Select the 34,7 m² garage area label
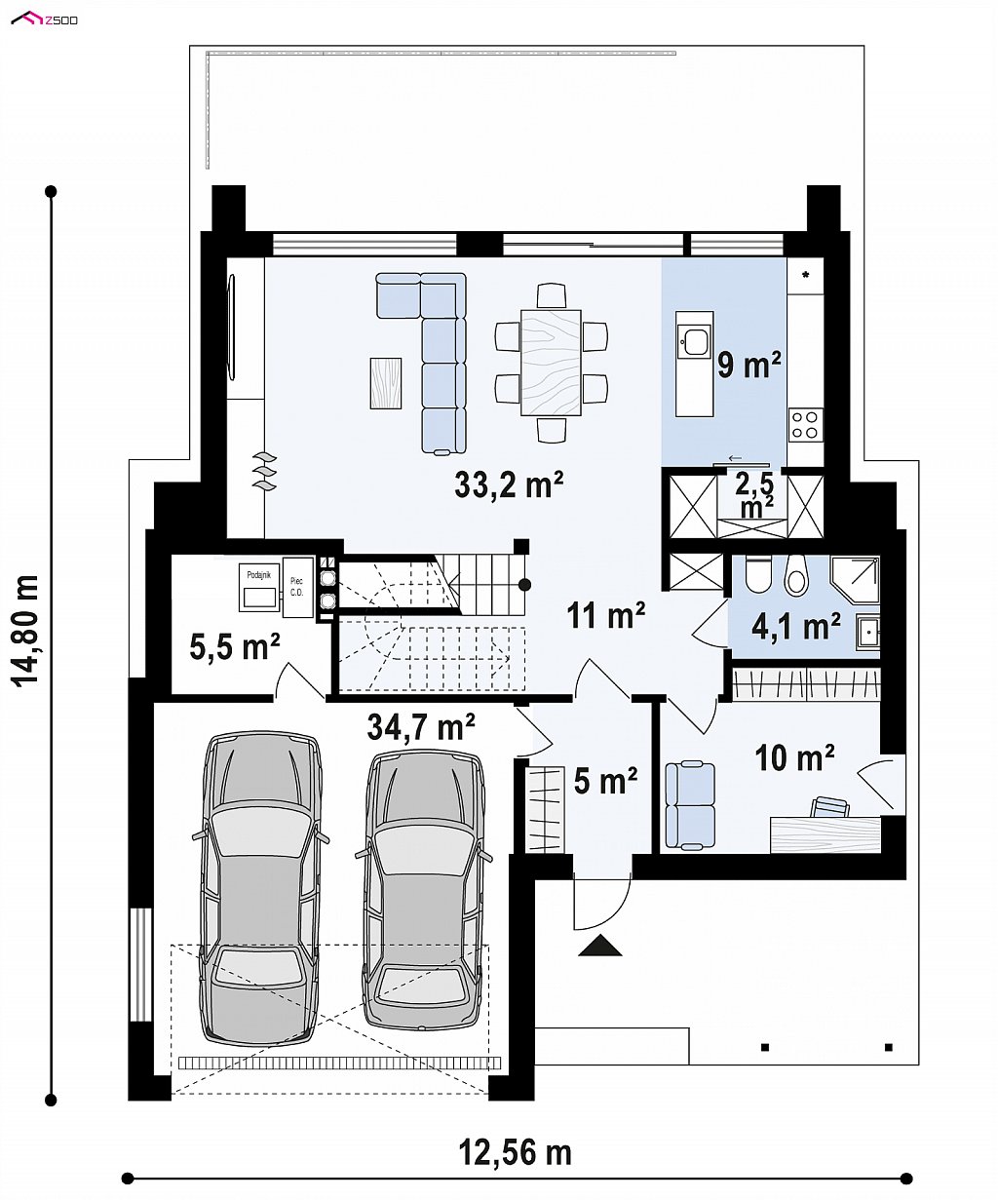[x=421, y=727]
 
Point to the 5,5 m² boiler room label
[x=235, y=648]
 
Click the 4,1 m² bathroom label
[x=796, y=626]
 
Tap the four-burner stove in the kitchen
[x=806, y=425]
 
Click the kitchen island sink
[x=694, y=341]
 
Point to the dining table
[x=551, y=362]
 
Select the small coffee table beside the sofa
[x=385, y=383]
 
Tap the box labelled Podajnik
[x=259, y=586]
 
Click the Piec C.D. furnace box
[x=297, y=587]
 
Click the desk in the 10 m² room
[x=825, y=833]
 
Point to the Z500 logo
[x=45, y=20]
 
